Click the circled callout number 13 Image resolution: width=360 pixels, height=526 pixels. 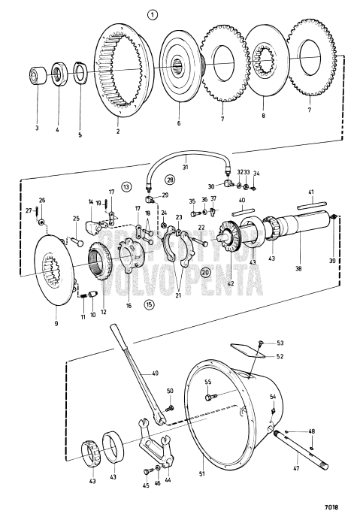(126, 186)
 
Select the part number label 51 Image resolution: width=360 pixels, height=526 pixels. (201, 474)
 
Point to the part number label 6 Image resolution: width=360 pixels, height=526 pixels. (178, 122)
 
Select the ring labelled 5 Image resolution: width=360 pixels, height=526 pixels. (79, 75)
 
